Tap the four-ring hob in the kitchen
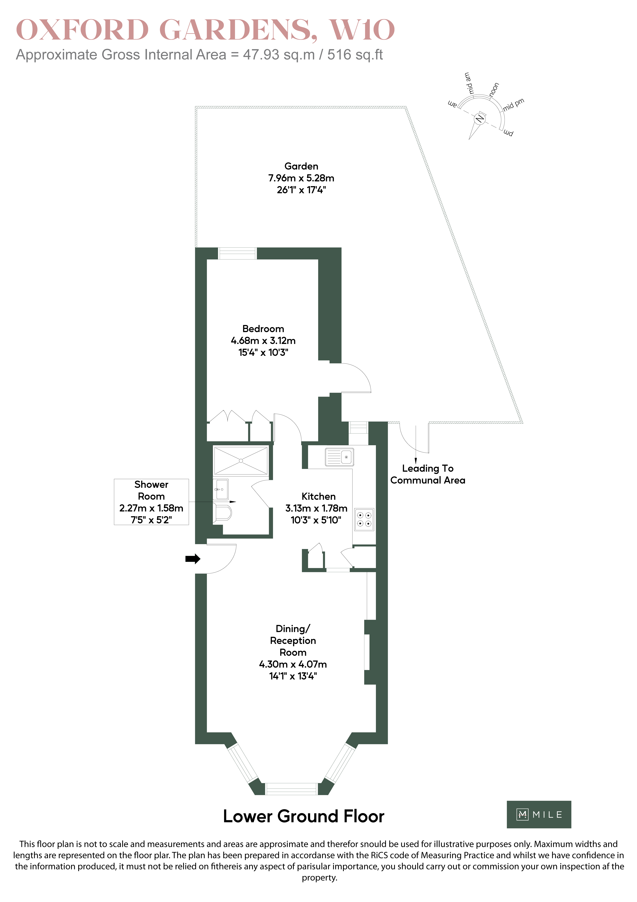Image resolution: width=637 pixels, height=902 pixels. (x=364, y=520)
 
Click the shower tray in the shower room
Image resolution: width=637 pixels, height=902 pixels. (x=241, y=460)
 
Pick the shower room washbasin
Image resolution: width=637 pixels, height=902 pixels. (x=221, y=489)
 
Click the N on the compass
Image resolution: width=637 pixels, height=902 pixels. (x=479, y=119)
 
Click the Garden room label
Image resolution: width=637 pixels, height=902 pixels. (x=301, y=166)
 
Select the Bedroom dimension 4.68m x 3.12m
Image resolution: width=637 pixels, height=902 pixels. (x=263, y=341)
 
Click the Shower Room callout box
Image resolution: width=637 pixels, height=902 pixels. (x=151, y=502)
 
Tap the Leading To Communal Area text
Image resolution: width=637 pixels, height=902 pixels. (x=428, y=474)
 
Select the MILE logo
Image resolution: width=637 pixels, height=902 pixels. (x=539, y=814)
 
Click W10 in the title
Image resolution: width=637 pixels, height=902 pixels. (x=362, y=30)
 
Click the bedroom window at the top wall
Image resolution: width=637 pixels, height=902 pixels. (x=237, y=253)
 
